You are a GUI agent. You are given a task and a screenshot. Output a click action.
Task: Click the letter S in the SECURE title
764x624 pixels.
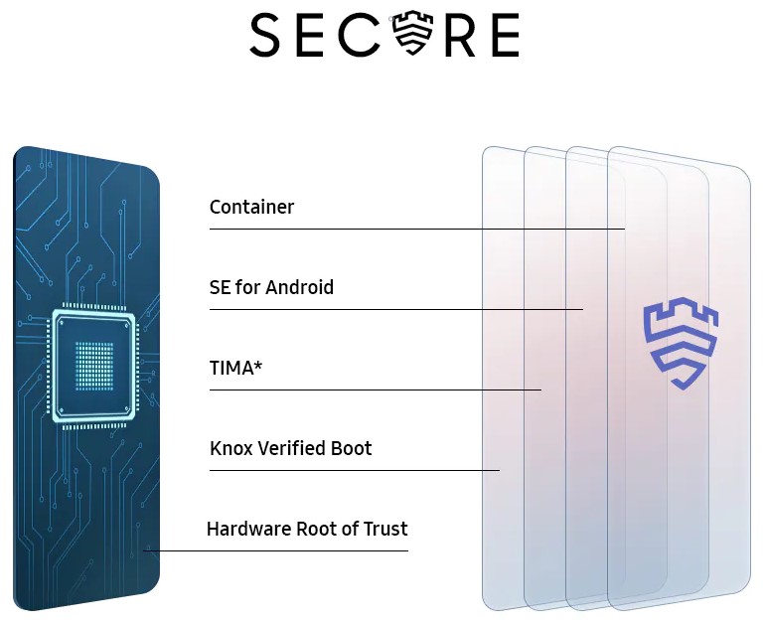(x=265, y=35)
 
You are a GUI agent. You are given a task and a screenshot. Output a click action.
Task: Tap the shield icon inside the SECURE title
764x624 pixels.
(x=413, y=32)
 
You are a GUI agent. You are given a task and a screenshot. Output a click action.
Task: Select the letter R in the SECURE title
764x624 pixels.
(x=459, y=35)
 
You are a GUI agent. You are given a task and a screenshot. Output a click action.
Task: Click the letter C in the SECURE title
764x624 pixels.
(x=360, y=35)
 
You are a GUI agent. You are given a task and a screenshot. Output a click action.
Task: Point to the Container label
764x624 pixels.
(x=252, y=208)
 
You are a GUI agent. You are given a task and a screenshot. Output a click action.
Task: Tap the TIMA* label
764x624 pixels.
(x=235, y=368)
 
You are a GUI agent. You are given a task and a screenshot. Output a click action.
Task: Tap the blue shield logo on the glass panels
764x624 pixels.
(x=681, y=344)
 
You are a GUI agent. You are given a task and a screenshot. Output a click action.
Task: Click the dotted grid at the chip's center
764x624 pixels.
(x=94, y=366)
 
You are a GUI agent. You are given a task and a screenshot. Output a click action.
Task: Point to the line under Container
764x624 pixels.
(x=417, y=229)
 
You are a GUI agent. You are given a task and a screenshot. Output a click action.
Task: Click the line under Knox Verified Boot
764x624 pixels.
(x=355, y=470)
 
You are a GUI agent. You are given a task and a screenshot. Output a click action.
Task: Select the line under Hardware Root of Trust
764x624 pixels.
(x=276, y=550)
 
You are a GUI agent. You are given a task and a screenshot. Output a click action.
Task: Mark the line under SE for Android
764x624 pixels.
(x=396, y=309)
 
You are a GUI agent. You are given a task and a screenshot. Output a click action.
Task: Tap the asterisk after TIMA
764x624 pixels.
(x=257, y=364)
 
